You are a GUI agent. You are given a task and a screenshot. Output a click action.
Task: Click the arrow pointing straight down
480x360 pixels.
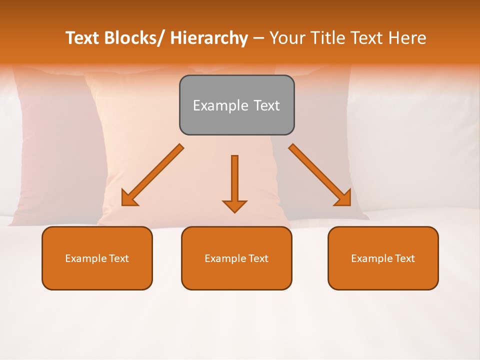click(x=234, y=180)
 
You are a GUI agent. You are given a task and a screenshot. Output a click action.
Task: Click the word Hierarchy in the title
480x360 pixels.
click(x=209, y=38)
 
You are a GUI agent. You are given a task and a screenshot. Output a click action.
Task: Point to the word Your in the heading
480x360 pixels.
click(x=288, y=38)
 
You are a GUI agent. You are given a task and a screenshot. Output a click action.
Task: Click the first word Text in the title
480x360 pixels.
click(x=83, y=38)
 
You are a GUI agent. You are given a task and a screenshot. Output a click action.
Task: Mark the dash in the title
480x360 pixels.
click(x=258, y=39)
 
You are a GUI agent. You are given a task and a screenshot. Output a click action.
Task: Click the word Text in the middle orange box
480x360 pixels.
click(x=258, y=258)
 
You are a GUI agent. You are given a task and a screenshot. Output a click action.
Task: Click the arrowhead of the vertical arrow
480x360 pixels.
click(x=234, y=206)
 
